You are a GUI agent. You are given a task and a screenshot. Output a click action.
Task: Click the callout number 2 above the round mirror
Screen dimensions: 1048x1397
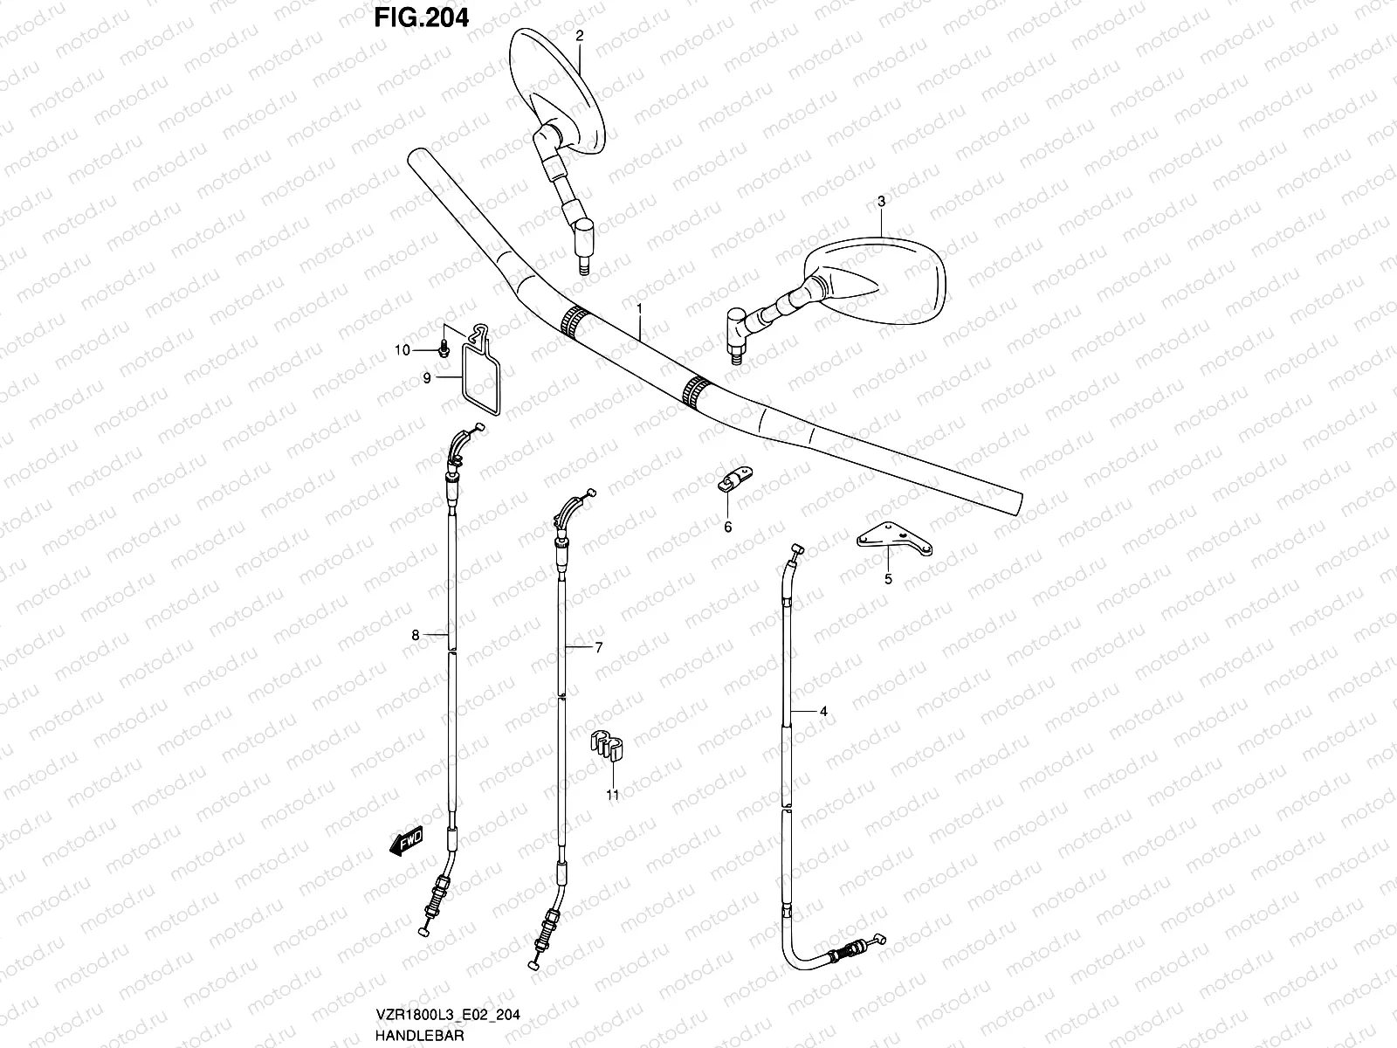[x=578, y=35]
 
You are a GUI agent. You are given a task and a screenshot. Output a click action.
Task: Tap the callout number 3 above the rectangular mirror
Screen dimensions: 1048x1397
[x=881, y=202]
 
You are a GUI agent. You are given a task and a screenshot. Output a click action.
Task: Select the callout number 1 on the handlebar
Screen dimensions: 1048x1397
[x=639, y=309]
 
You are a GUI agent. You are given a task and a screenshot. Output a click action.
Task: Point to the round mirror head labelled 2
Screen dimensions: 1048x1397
[x=556, y=87]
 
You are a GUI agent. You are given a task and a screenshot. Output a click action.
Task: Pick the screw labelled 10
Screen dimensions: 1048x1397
[x=444, y=350]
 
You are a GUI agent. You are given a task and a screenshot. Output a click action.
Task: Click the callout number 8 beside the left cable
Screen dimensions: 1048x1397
[x=416, y=635]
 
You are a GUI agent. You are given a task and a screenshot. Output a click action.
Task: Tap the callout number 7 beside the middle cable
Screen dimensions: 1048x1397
[x=599, y=647]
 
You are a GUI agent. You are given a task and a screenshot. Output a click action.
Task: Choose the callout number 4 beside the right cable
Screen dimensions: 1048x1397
[x=822, y=712]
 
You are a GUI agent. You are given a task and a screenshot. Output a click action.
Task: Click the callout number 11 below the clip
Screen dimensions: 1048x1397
[x=612, y=795]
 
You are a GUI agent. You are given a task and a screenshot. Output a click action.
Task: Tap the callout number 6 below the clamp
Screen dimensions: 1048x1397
[x=727, y=527]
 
